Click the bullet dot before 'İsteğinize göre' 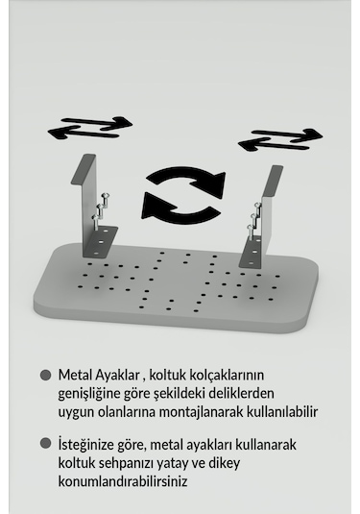click(45, 445)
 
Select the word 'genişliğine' click(90, 394)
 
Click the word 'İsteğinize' click(89, 445)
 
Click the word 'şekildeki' click(189, 394)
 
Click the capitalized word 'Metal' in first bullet click(73, 376)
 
